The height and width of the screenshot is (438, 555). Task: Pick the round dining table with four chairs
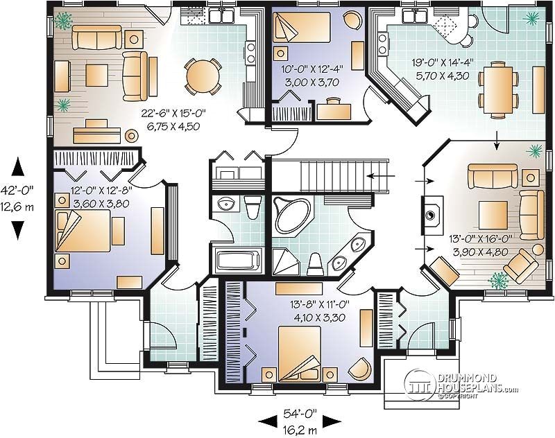[x=202, y=75]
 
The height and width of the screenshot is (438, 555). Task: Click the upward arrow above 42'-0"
[x=19, y=166]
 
